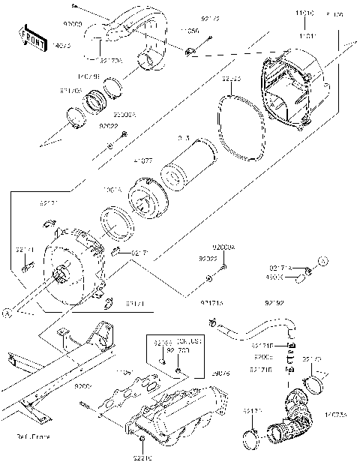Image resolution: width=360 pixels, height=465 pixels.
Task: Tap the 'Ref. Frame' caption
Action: [x=32, y=435]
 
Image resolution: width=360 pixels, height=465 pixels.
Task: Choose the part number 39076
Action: [x=220, y=373]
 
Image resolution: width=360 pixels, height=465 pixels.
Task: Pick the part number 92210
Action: [x=142, y=455]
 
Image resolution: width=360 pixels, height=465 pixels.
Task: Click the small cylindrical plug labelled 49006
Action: [x=301, y=279]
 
